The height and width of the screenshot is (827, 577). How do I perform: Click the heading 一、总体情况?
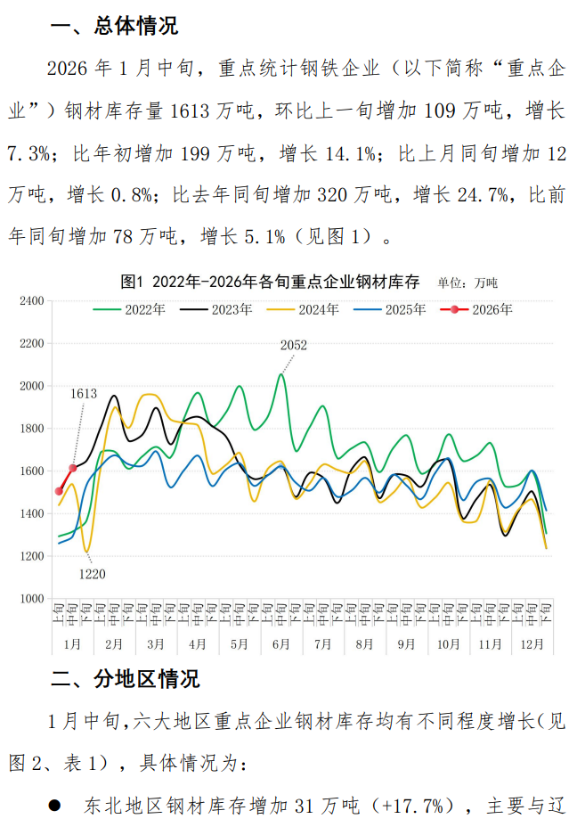pos(114,27)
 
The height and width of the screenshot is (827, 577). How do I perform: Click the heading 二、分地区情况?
pos(125,680)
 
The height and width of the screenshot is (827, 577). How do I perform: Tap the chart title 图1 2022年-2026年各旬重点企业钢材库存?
pos(270,282)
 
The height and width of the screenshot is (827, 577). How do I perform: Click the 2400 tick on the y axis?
pos(31,301)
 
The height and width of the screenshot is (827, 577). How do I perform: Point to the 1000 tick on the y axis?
pos(31,599)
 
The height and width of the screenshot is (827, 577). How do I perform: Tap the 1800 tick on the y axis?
pos(31,429)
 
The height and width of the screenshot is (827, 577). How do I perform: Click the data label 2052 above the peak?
pos(293,346)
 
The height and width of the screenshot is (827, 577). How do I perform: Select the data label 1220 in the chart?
pos(92,574)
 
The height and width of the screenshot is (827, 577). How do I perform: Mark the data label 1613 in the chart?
pos(84,393)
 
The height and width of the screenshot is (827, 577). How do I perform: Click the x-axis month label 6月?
pos(280,643)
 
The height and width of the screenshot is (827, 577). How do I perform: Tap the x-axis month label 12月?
pos(532,643)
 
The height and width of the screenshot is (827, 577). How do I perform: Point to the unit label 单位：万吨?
pos(467,283)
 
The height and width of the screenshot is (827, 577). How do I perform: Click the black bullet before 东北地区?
pos(55,807)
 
